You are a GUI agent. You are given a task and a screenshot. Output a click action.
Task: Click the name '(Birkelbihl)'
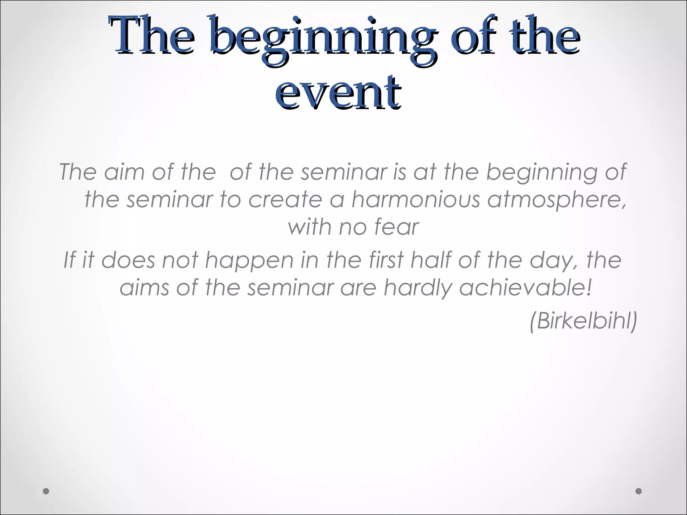[x=583, y=321]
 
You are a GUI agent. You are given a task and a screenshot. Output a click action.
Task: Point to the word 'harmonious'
[x=416, y=199]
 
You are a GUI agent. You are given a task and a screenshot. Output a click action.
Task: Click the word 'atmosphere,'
[x=557, y=199]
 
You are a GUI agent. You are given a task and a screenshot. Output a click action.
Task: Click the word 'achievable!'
[x=525, y=288]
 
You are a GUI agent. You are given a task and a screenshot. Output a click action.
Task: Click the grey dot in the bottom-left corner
[x=46, y=491]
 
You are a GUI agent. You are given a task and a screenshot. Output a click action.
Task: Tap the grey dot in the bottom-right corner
[x=638, y=491]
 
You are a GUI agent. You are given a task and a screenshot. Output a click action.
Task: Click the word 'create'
[x=285, y=199]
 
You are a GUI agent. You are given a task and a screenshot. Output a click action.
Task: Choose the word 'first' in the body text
[x=386, y=260]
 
